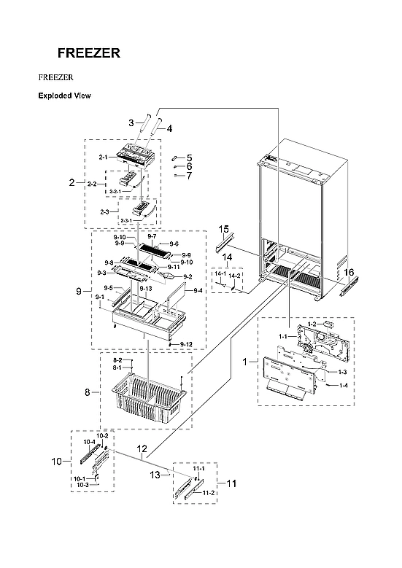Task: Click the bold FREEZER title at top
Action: (89, 53)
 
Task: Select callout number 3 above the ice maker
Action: (131, 122)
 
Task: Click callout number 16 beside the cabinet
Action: (349, 272)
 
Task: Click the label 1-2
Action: (312, 323)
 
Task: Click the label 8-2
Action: (117, 361)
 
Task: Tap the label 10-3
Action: (82, 485)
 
